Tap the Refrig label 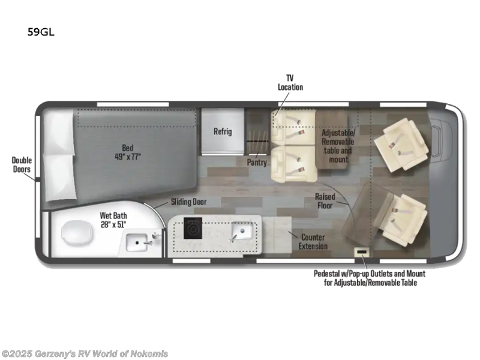223,131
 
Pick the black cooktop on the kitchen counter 194,229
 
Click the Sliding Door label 188,202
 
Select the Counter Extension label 314,241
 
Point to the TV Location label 290,82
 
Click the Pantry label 257,162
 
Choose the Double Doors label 22,164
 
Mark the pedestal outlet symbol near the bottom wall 362,251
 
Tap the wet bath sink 141,242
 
